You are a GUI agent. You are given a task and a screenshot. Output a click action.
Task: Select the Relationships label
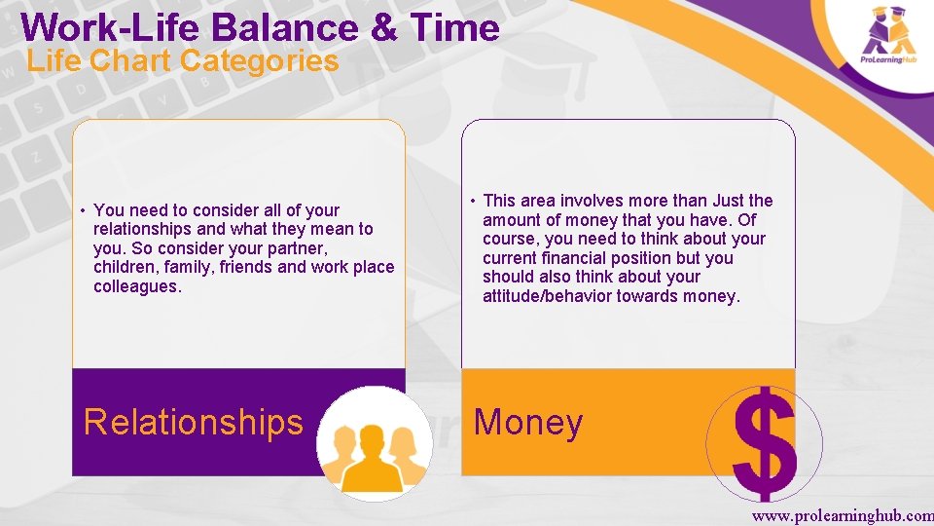194,422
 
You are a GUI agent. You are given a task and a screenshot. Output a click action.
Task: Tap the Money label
527,422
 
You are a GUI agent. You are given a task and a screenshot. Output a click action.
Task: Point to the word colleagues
137,286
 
